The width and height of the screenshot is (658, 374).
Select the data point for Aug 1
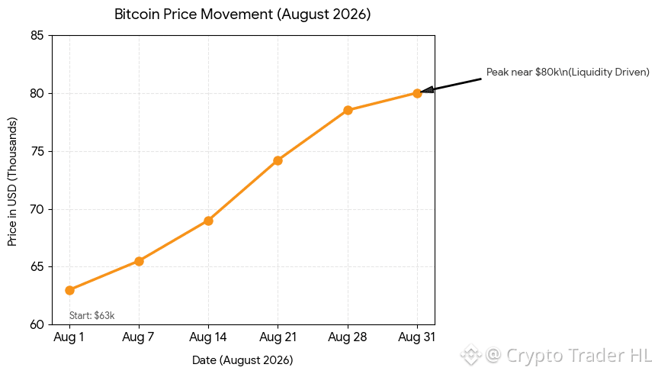click(x=69, y=290)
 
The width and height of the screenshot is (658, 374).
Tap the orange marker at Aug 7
click(x=139, y=261)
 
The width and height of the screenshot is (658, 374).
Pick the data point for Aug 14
click(x=209, y=221)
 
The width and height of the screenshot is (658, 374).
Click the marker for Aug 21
click(x=278, y=160)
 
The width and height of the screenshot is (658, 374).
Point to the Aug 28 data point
click(x=348, y=111)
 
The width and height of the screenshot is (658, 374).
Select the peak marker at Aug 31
click(x=417, y=93)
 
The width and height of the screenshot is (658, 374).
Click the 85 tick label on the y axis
click(x=37, y=36)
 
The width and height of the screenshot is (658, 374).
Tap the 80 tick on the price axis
click(x=37, y=93)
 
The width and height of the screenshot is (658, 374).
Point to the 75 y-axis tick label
click(x=37, y=151)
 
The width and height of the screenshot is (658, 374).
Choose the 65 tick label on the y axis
click(x=37, y=267)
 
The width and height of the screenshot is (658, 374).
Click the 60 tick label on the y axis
click(x=37, y=324)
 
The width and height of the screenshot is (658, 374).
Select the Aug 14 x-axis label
click(x=208, y=337)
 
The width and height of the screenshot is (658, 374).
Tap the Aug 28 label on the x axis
click(x=348, y=337)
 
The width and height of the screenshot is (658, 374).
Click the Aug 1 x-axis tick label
click(x=69, y=337)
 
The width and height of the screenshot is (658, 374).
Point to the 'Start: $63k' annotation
click(x=92, y=315)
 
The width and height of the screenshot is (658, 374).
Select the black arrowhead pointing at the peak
click(x=427, y=89)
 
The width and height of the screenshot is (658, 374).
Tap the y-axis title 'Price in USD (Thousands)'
click(x=12, y=182)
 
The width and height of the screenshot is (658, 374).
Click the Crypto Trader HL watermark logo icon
click(x=471, y=355)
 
